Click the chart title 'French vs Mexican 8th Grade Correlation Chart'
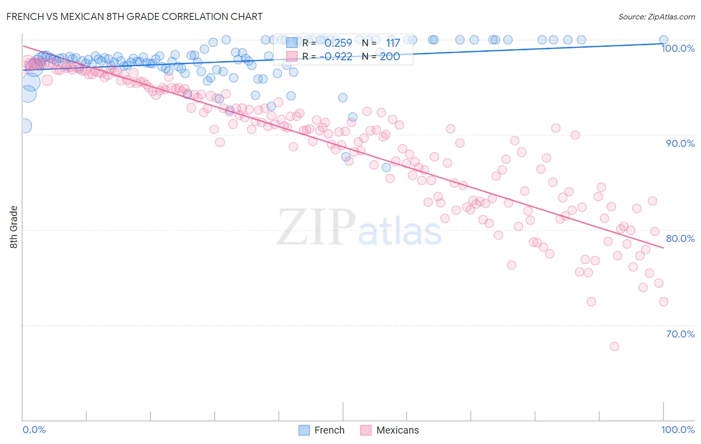point(134,16)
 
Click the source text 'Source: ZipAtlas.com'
point(656,16)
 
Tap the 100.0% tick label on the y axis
point(678,48)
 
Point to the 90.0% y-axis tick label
point(680,143)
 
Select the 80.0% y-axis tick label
point(680,238)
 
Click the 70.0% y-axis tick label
point(680,334)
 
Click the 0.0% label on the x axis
point(34,430)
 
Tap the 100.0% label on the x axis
point(678,430)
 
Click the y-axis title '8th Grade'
point(13,227)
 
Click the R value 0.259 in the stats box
point(338,43)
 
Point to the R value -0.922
point(336,56)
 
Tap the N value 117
point(392,43)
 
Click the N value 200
point(390,56)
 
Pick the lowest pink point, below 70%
point(614,346)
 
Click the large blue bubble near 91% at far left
point(25,126)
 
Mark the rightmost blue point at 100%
point(664,40)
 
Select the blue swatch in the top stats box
point(292,43)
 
